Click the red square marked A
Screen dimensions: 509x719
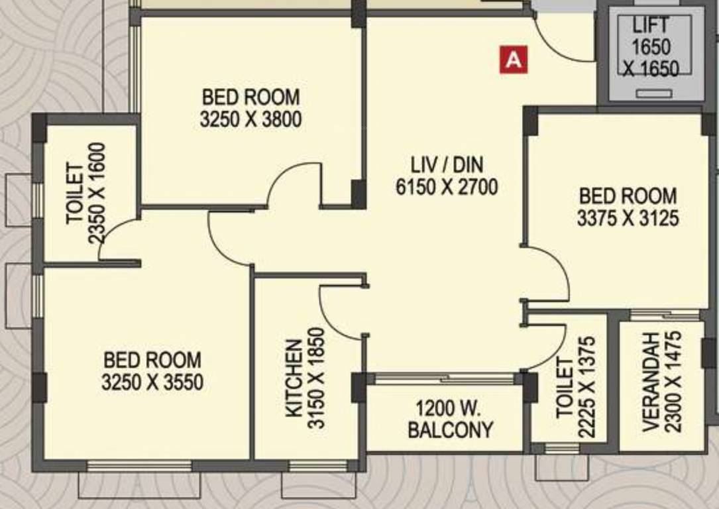point(514,60)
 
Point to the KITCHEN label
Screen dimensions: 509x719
point(294,378)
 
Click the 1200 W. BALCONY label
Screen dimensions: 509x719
point(450,419)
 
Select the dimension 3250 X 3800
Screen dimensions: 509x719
point(250,120)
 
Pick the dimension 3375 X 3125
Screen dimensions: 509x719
point(628,218)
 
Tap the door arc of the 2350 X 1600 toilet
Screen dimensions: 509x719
point(114,235)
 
